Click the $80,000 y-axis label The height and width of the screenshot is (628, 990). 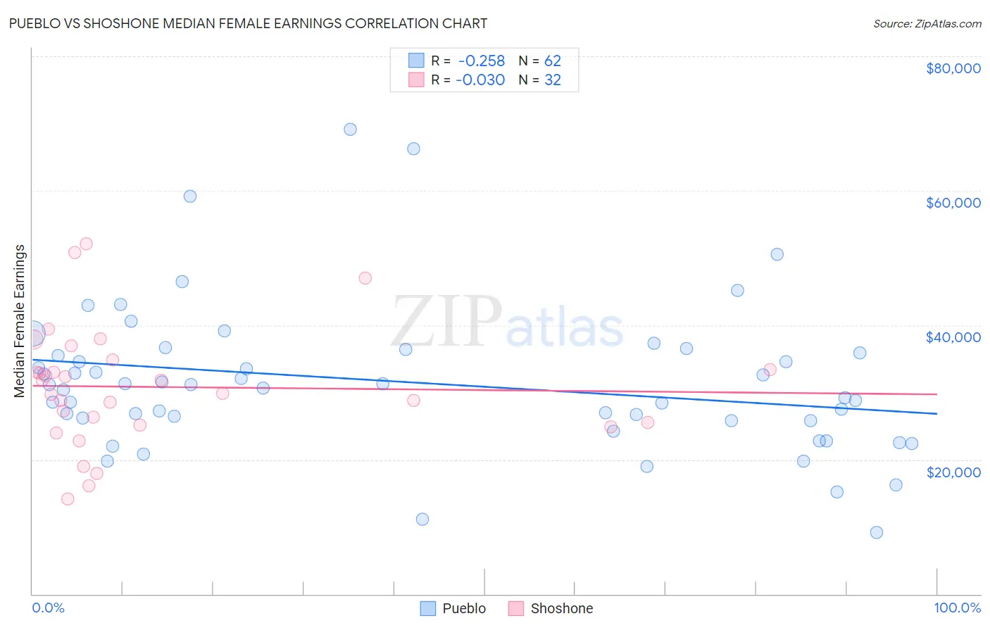click(953, 68)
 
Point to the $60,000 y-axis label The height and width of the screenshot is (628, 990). click(953, 203)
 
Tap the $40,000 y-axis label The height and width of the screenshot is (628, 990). click(953, 337)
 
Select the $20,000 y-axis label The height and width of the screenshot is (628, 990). click(953, 472)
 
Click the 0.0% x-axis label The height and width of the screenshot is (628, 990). click(48, 608)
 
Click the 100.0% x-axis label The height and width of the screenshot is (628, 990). click(957, 608)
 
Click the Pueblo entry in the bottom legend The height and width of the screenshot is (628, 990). click(453, 608)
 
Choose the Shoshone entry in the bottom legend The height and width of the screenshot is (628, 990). click(551, 608)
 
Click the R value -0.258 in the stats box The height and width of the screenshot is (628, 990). click(482, 61)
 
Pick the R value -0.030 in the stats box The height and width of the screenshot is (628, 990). click(480, 80)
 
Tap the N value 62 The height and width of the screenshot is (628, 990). click(552, 61)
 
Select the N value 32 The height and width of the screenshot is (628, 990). click(552, 80)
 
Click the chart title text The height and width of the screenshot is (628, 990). click(248, 23)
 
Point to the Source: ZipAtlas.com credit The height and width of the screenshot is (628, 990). click(927, 24)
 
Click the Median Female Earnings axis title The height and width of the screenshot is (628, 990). click(20, 321)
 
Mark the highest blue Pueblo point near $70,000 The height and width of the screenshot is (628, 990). click(350, 130)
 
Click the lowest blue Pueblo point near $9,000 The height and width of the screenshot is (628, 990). click(876, 532)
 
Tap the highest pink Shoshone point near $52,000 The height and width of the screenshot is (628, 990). click(86, 244)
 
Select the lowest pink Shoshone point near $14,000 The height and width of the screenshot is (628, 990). click(68, 499)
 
